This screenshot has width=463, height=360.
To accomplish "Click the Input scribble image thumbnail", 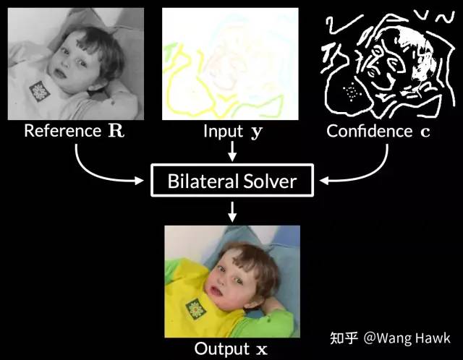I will [230, 63].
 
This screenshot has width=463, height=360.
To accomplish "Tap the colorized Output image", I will [231, 280].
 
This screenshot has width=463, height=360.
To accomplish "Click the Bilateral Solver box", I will [231, 180].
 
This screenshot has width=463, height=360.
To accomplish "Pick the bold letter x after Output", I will [261, 350].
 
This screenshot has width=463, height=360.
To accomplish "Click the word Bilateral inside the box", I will [203, 180].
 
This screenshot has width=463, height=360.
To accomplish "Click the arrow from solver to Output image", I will [231, 211].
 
